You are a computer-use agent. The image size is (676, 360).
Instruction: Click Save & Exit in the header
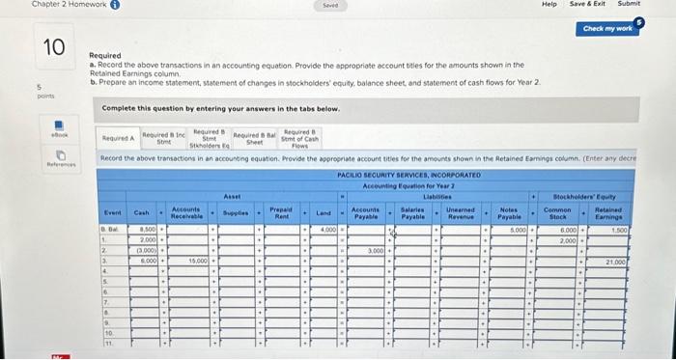[x=587, y=4]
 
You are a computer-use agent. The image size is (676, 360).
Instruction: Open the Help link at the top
[x=549, y=4]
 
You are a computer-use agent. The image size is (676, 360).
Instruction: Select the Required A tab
[x=119, y=138]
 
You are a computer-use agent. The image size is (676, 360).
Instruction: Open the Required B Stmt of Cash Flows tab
[x=300, y=138]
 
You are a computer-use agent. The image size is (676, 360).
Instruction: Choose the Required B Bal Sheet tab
[x=255, y=138]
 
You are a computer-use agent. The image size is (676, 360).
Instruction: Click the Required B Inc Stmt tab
[x=164, y=138]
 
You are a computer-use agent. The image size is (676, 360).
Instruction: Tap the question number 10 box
[x=56, y=45]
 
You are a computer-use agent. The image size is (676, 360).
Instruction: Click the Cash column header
[x=142, y=211]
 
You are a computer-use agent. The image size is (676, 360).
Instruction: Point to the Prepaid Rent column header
[x=280, y=211]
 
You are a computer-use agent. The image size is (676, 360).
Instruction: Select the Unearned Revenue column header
[x=460, y=211]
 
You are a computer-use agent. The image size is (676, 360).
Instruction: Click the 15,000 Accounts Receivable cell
[x=191, y=261]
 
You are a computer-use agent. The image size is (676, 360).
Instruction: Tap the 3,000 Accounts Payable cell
[x=371, y=250]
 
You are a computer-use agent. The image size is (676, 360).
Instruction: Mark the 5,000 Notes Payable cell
[x=509, y=230]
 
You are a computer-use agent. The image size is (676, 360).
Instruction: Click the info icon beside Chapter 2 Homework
[x=88, y=5]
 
